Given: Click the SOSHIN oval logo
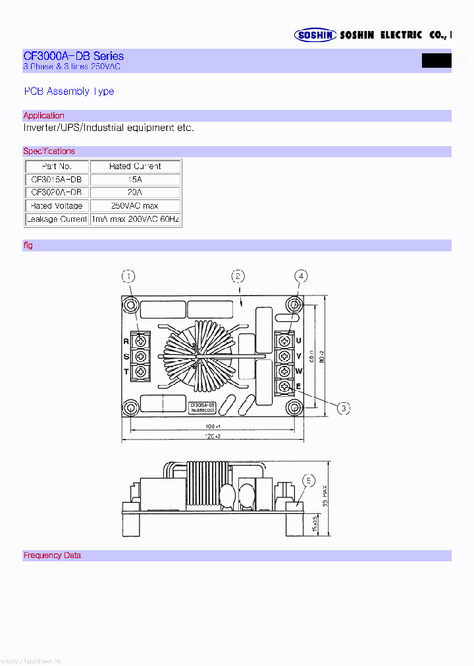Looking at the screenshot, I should click(x=315, y=35).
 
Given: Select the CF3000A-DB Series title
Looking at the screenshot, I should click(x=73, y=56).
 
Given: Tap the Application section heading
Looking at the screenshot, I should click(x=43, y=116).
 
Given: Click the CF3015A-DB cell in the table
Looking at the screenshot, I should click(x=57, y=179).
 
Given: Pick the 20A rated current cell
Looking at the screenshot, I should click(x=135, y=192).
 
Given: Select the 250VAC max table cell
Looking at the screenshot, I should click(x=135, y=205).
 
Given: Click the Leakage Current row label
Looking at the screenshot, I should click(x=57, y=218).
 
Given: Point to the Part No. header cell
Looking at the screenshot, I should click(x=57, y=166).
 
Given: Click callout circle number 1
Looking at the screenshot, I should click(x=129, y=276).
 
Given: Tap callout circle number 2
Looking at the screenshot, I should click(x=238, y=276).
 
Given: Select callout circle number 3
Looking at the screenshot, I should click(x=344, y=409).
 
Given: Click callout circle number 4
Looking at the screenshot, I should click(x=300, y=276).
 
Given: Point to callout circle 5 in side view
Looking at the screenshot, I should click(x=307, y=480).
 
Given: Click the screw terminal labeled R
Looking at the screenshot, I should click(x=140, y=341).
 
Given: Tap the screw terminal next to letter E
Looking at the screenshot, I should click(x=284, y=387).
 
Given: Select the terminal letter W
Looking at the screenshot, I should click(x=298, y=371).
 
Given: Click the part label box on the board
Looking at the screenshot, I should click(x=202, y=407).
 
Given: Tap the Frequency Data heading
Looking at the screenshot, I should click(x=52, y=555).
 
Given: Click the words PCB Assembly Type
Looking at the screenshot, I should click(x=68, y=91).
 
